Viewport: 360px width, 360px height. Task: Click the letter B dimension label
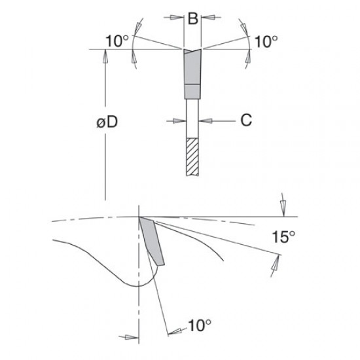point(192,19)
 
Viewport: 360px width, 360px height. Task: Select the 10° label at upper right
point(265,42)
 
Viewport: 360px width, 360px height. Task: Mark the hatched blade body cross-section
point(192,156)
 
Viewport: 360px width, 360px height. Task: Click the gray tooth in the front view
point(192,65)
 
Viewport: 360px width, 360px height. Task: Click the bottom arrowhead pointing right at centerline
point(134,336)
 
